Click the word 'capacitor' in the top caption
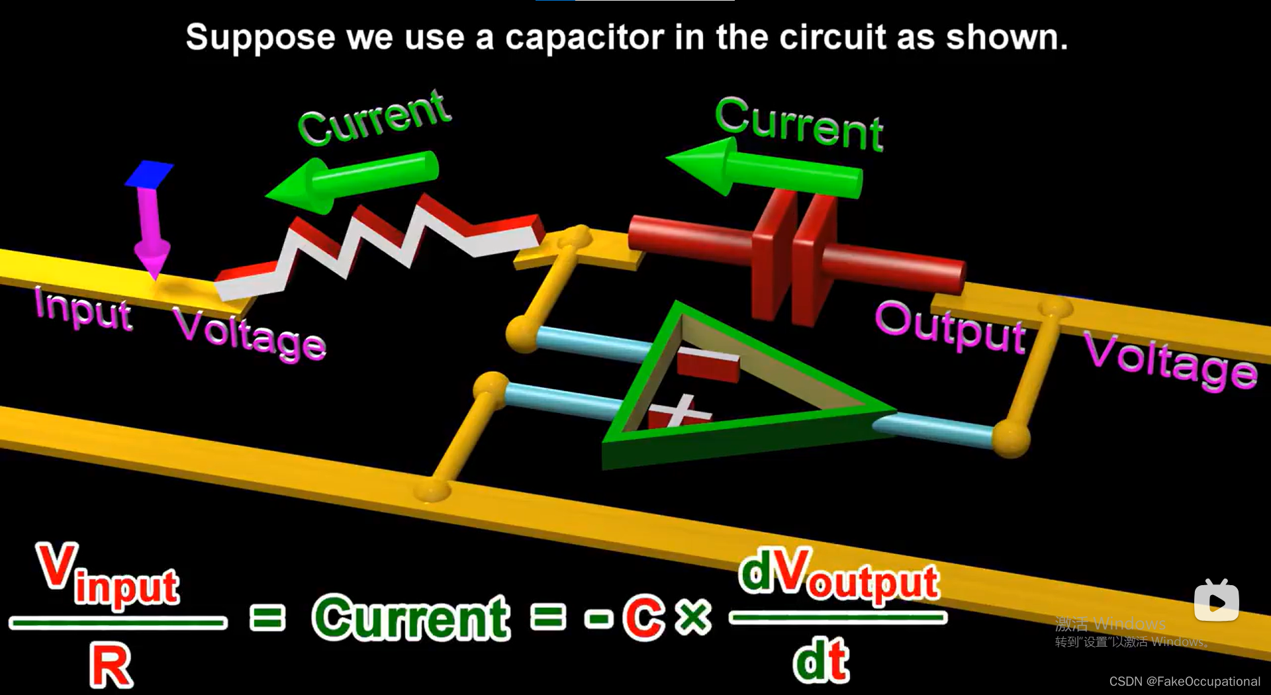[584, 38]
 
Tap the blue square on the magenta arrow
[149, 174]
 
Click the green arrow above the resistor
[351, 181]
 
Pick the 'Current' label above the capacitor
[799, 124]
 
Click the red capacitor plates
[794, 255]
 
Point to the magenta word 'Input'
[83, 308]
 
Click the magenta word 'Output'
[951, 326]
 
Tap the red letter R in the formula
[111, 665]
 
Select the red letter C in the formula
[643, 618]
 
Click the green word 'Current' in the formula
[411, 618]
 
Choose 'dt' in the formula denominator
[821, 661]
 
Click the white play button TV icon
[1216, 601]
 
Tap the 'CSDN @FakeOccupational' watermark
[1184, 681]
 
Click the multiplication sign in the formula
[694, 618]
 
